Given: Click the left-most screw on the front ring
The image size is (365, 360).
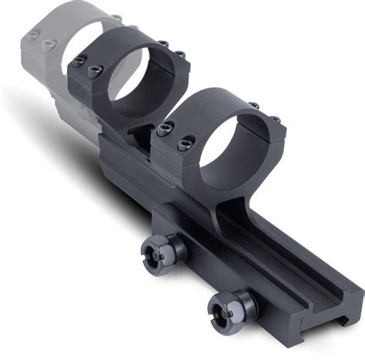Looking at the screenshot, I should [163, 130].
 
